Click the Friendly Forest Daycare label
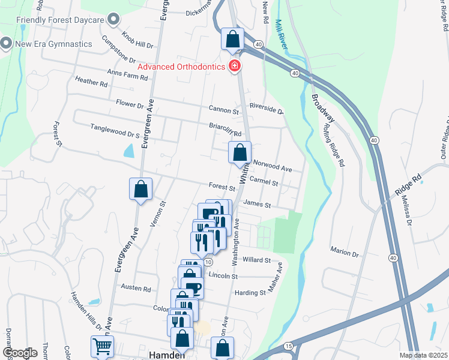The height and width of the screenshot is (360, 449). coord(60,20)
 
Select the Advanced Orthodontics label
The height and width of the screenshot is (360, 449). coord(182,66)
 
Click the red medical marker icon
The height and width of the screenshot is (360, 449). coord(236,66)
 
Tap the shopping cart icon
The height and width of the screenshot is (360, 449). coord(102,346)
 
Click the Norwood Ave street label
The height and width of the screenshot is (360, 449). coord(273,165)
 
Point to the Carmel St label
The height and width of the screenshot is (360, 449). coord(264,182)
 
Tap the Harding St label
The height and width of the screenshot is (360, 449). coord(250,293)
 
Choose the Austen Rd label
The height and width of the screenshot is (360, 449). coord(136,288)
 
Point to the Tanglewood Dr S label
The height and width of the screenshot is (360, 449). coord(115,128)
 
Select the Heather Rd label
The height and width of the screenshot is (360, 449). coord(91,82)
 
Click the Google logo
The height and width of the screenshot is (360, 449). coord(20,353)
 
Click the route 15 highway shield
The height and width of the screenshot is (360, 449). coord(289,346)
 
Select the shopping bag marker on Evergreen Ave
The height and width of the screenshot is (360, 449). coord(140,190)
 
